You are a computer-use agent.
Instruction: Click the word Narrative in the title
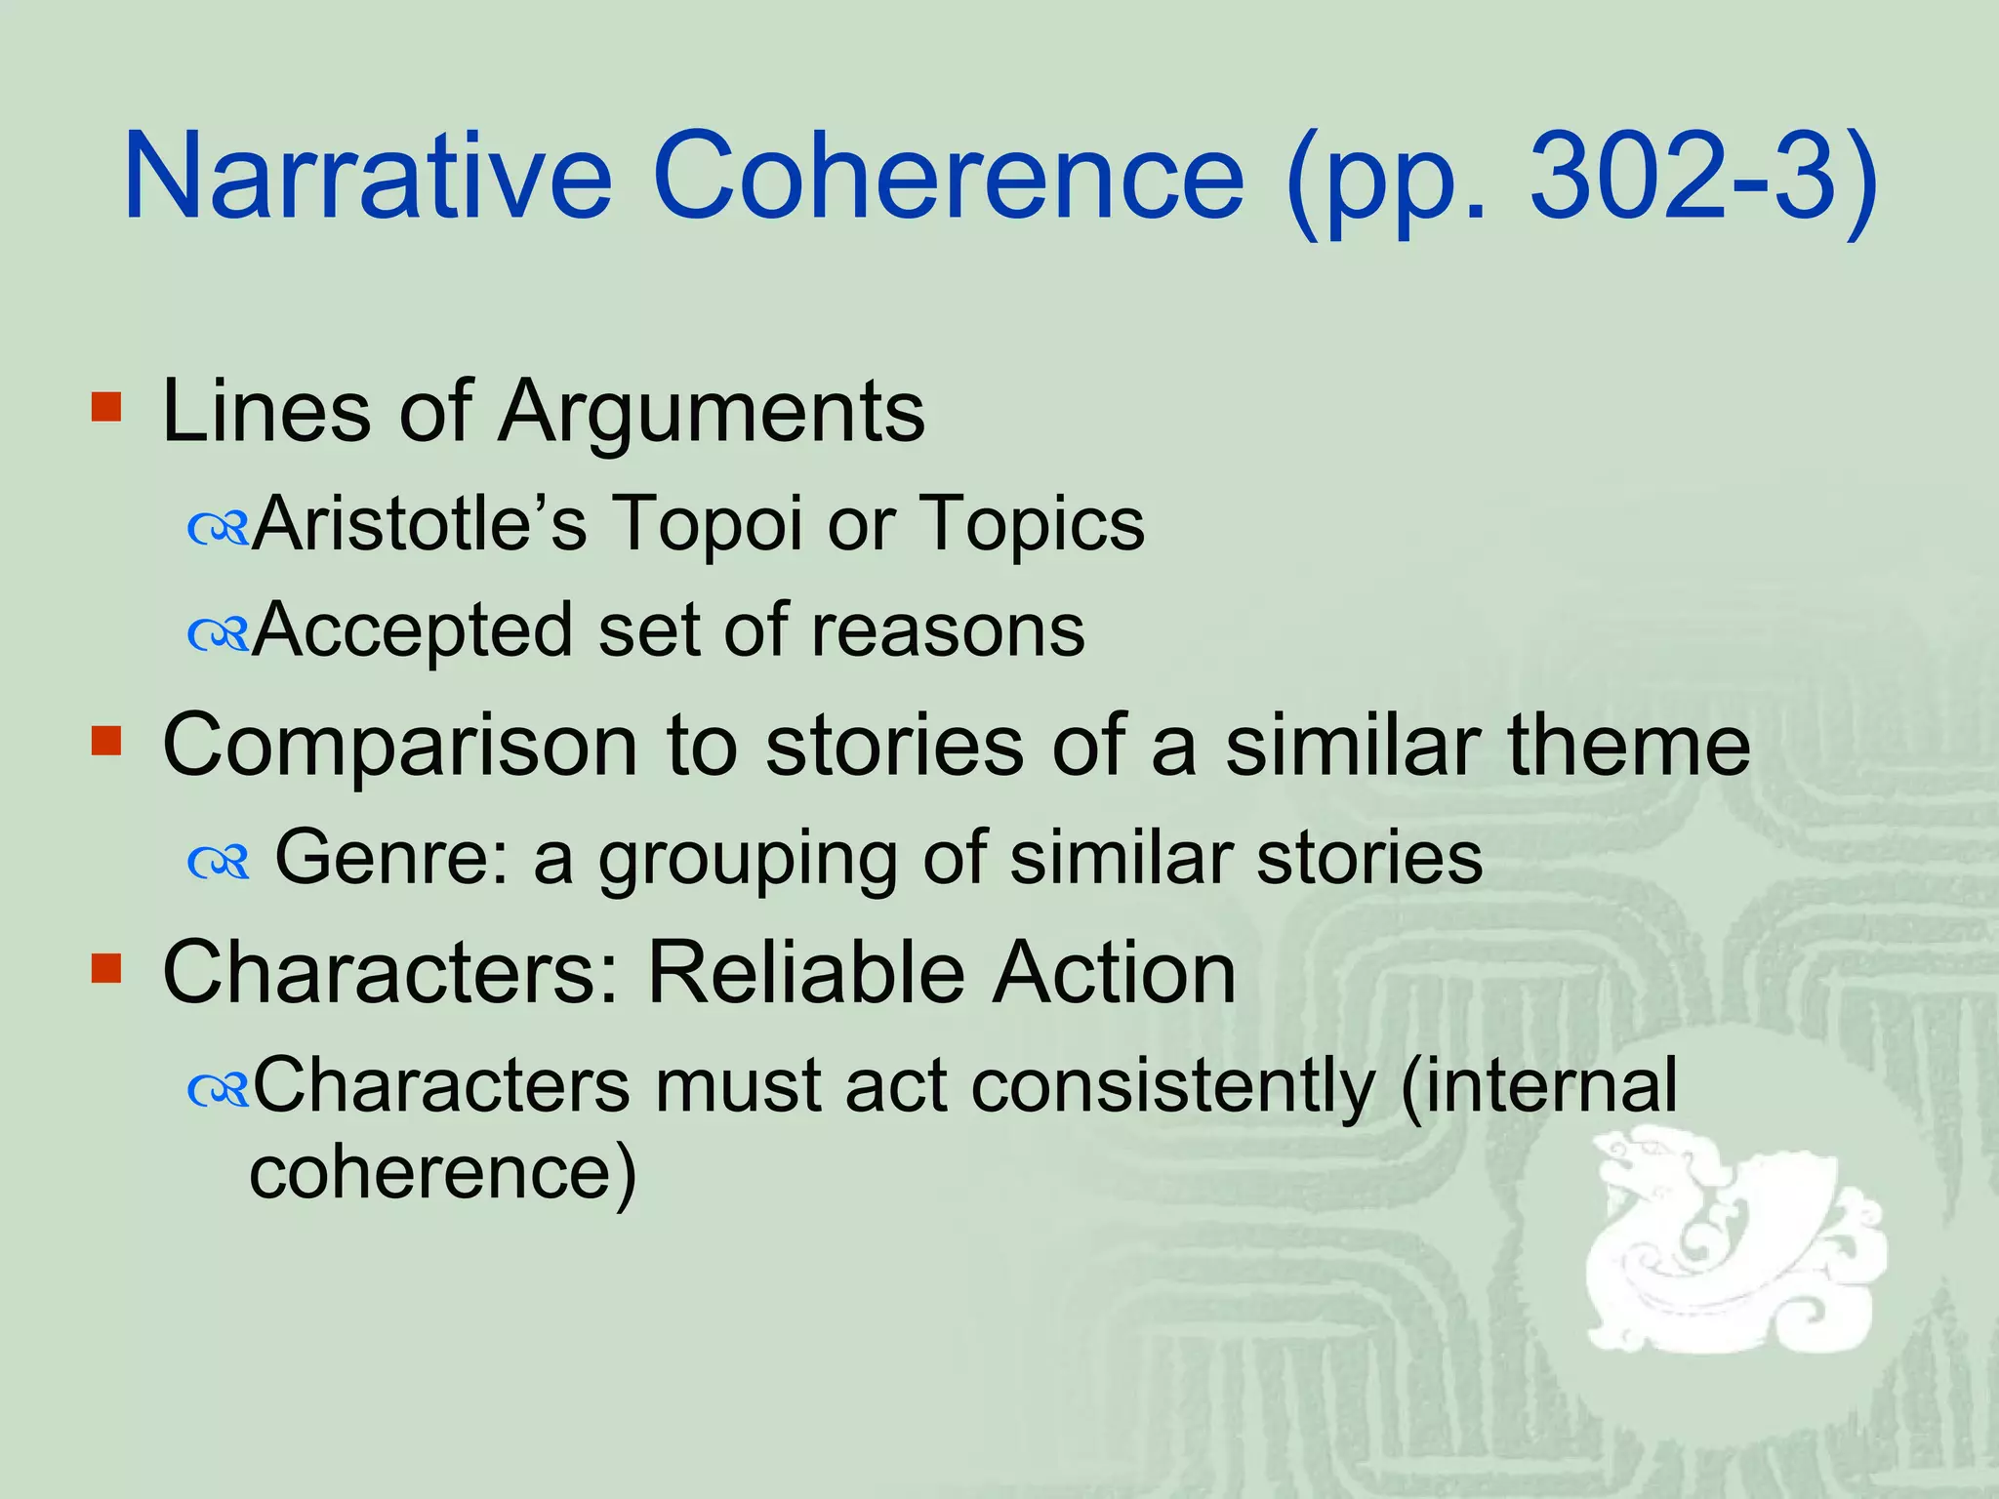click(368, 178)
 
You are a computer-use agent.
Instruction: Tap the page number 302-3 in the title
click(1680, 178)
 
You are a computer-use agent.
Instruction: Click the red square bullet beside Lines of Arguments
click(105, 407)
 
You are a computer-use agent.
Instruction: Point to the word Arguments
click(712, 412)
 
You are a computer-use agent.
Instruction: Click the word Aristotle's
click(420, 524)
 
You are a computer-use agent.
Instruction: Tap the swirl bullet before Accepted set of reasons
click(219, 636)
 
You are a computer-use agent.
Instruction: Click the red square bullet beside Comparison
click(105, 741)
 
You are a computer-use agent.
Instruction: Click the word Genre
click(391, 858)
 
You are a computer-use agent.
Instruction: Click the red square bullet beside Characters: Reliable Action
click(105, 969)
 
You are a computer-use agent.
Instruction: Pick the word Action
click(1114, 973)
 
